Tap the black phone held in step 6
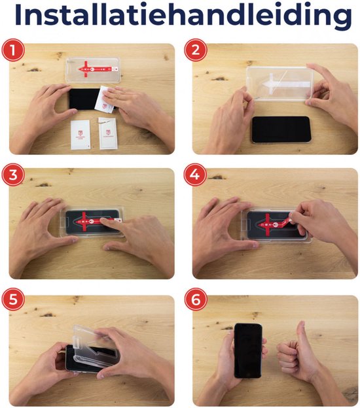(x=249, y=349)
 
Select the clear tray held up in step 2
(x=278, y=85)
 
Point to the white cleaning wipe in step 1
(x=107, y=101)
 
